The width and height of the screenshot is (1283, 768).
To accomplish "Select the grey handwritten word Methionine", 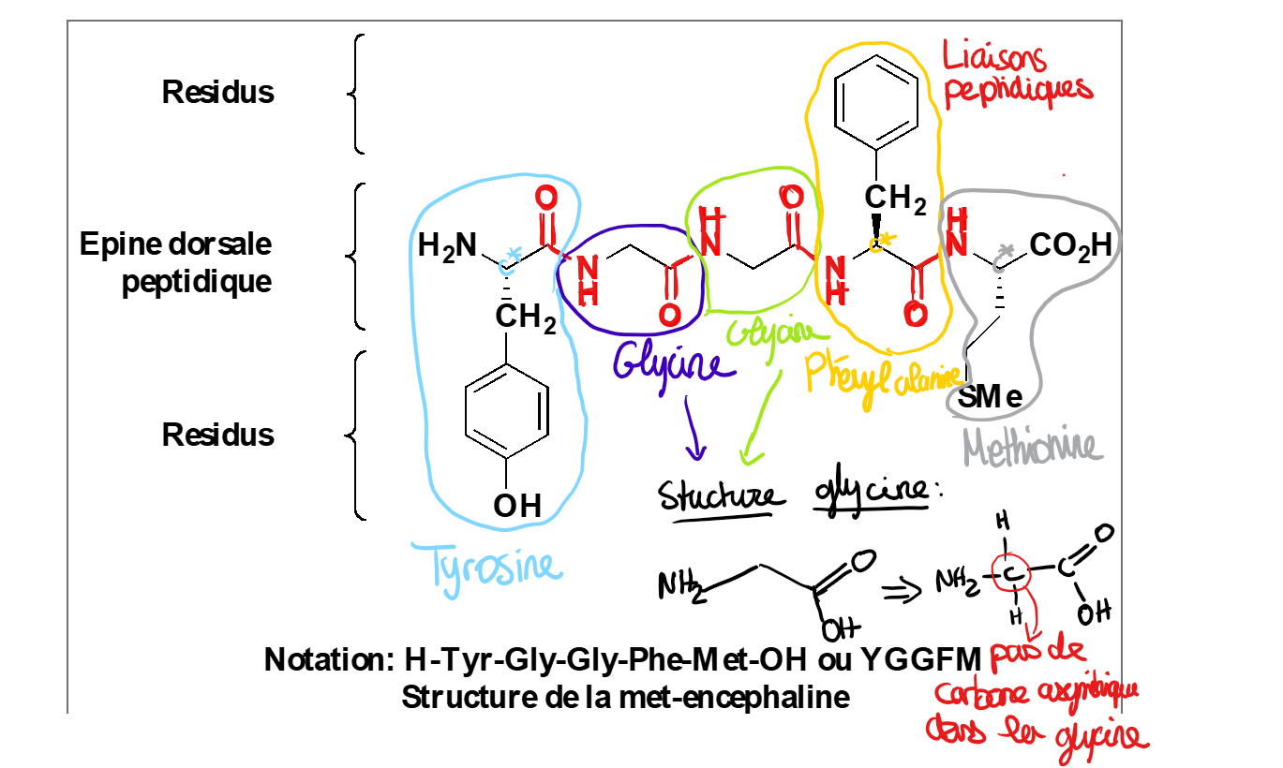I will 1031,448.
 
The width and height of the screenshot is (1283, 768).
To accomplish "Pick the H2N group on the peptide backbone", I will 447,246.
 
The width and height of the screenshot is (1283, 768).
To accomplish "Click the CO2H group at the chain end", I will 1070,246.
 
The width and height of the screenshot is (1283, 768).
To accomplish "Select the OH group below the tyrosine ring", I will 517,506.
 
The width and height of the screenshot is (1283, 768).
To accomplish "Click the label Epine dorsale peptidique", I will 176,262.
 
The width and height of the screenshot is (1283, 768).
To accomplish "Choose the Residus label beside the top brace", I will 218,92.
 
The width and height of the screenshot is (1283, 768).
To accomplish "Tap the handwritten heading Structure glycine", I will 792,494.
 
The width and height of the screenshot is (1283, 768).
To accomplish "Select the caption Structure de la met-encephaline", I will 625,697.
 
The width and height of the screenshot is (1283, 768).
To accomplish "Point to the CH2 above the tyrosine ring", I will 525,319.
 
